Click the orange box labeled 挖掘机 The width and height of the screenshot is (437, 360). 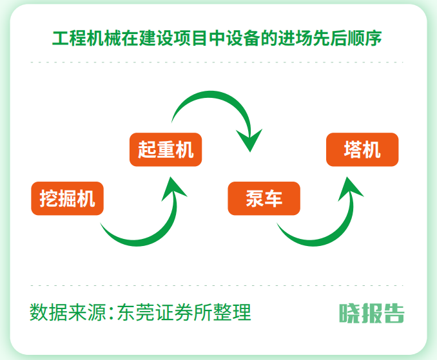pos(67,198)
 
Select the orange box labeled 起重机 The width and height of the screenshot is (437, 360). pos(166,149)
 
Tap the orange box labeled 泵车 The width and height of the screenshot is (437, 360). pos(264,198)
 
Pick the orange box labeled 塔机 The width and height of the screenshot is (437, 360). pos(362,149)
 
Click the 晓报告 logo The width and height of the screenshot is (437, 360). pos(372,313)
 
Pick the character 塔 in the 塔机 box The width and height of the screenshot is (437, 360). pos(353,149)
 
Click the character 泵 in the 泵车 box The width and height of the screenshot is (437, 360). pos(255,198)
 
